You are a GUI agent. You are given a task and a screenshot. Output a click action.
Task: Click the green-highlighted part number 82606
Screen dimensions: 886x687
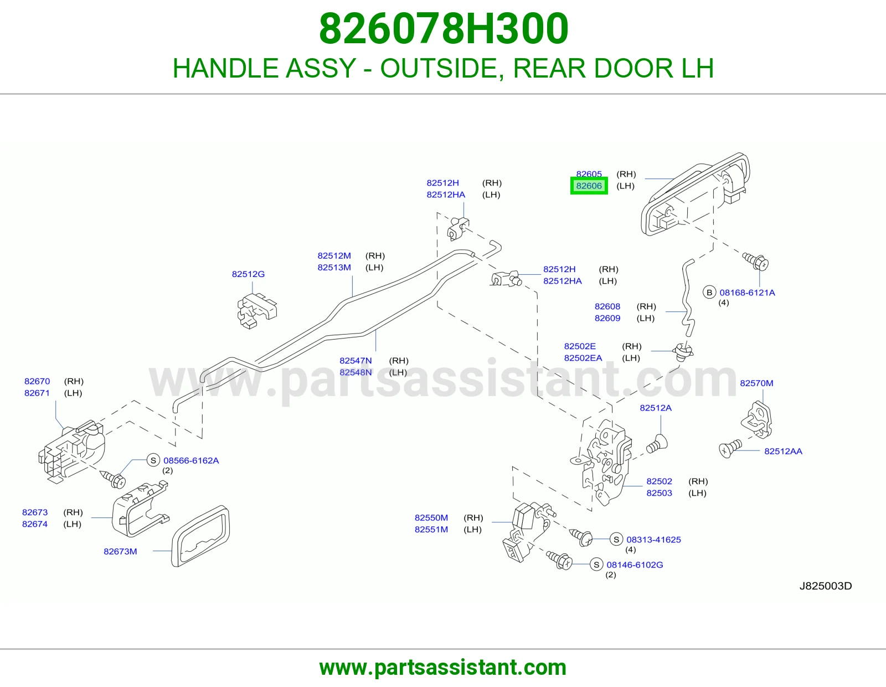click(x=589, y=186)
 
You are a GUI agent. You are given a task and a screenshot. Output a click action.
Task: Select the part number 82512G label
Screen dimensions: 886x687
click(x=248, y=274)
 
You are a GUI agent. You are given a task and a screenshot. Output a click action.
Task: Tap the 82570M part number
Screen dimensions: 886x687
click(x=757, y=383)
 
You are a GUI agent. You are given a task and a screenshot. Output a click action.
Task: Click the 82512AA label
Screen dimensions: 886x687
click(x=783, y=451)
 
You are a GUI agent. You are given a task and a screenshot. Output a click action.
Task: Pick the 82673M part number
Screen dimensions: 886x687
click(x=120, y=552)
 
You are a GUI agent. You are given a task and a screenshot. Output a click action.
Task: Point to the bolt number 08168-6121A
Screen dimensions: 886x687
click(x=748, y=293)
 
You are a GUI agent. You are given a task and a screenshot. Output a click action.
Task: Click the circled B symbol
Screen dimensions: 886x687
click(x=709, y=293)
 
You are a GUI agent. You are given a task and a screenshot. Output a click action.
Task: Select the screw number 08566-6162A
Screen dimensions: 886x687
click(x=191, y=460)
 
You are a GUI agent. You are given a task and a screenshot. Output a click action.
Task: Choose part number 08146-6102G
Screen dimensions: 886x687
click(x=635, y=565)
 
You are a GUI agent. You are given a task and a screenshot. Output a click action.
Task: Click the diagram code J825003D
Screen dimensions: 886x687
click(x=826, y=586)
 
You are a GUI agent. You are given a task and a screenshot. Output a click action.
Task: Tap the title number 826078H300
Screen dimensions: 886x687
click(x=444, y=29)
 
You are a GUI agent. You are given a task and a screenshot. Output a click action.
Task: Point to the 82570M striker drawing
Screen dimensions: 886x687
click(x=757, y=420)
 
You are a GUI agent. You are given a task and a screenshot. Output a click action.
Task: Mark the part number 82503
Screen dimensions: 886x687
click(x=660, y=493)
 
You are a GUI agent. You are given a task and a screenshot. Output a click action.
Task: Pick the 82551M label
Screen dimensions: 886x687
click(x=431, y=530)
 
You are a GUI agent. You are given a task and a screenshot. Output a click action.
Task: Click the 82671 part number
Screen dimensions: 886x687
click(x=37, y=393)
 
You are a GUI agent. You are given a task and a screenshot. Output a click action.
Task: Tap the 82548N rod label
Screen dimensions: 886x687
click(x=356, y=372)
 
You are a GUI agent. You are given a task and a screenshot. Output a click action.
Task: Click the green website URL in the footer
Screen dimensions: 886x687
click(x=443, y=668)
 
